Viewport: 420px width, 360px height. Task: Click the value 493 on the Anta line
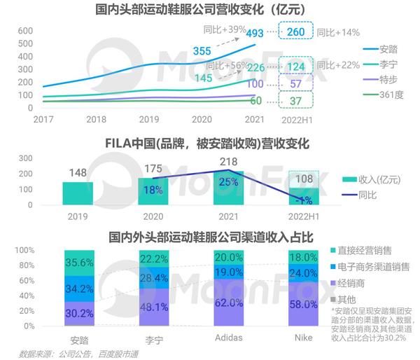(255, 33)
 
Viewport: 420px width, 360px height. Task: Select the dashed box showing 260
(295, 32)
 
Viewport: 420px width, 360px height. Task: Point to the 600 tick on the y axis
(24, 32)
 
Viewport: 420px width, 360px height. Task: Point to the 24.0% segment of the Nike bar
(303, 273)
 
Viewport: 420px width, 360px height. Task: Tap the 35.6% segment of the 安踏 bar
(78, 263)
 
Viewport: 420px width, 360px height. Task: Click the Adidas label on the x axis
(228, 338)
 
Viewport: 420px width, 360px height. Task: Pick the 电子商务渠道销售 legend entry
(374, 267)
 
